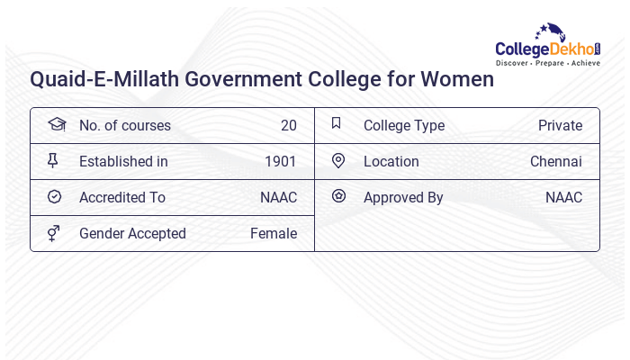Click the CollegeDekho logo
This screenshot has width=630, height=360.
point(548,46)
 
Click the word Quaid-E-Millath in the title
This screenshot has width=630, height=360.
point(103,79)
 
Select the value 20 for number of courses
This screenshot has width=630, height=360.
point(288,125)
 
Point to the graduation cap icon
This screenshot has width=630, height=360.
point(56,124)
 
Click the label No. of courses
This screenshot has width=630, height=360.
point(124,125)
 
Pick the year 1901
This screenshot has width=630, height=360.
point(281,161)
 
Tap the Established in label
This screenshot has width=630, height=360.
point(123,161)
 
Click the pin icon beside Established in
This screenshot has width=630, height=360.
point(53,160)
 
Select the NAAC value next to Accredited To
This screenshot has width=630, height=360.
point(278,197)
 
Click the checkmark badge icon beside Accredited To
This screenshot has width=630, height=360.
point(54,196)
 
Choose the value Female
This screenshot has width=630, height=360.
point(274,233)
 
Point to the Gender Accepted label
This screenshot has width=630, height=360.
point(132,233)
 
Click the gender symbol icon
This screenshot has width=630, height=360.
point(54,233)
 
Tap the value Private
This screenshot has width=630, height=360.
point(560,125)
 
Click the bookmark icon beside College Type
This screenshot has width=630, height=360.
point(337,123)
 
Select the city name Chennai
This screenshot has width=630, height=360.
point(556,161)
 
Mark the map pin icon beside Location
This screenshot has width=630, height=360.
point(338,160)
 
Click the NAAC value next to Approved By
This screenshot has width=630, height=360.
point(563,197)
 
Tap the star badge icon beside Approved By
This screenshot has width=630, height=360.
point(338,195)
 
